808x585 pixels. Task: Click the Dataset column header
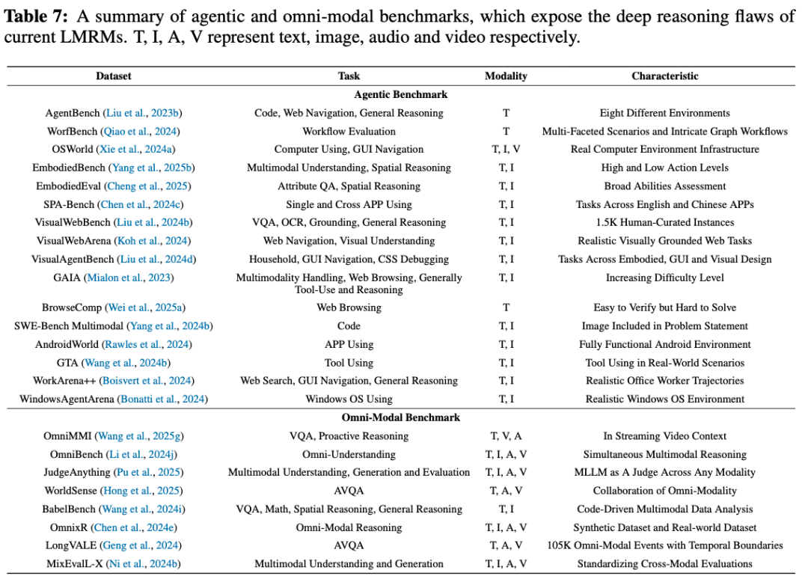[x=113, y=76]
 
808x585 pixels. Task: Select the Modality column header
[x=506, y=76]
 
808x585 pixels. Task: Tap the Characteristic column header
[x=664, y=76]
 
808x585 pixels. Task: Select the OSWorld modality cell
[x=506, y=150]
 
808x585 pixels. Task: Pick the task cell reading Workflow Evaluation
[x=349, y=131]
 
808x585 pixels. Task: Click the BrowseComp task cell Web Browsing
[x=349, y=307]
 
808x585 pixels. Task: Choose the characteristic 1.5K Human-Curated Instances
[x=664, y=222]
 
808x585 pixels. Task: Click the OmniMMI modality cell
[x=506, y=436]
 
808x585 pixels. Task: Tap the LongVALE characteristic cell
[x=664, y=545]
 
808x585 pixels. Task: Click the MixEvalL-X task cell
[x=349, y=563]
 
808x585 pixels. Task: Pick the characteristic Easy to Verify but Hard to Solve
[x=664, y=307]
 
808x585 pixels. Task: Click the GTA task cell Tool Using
[x=349, y=363]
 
